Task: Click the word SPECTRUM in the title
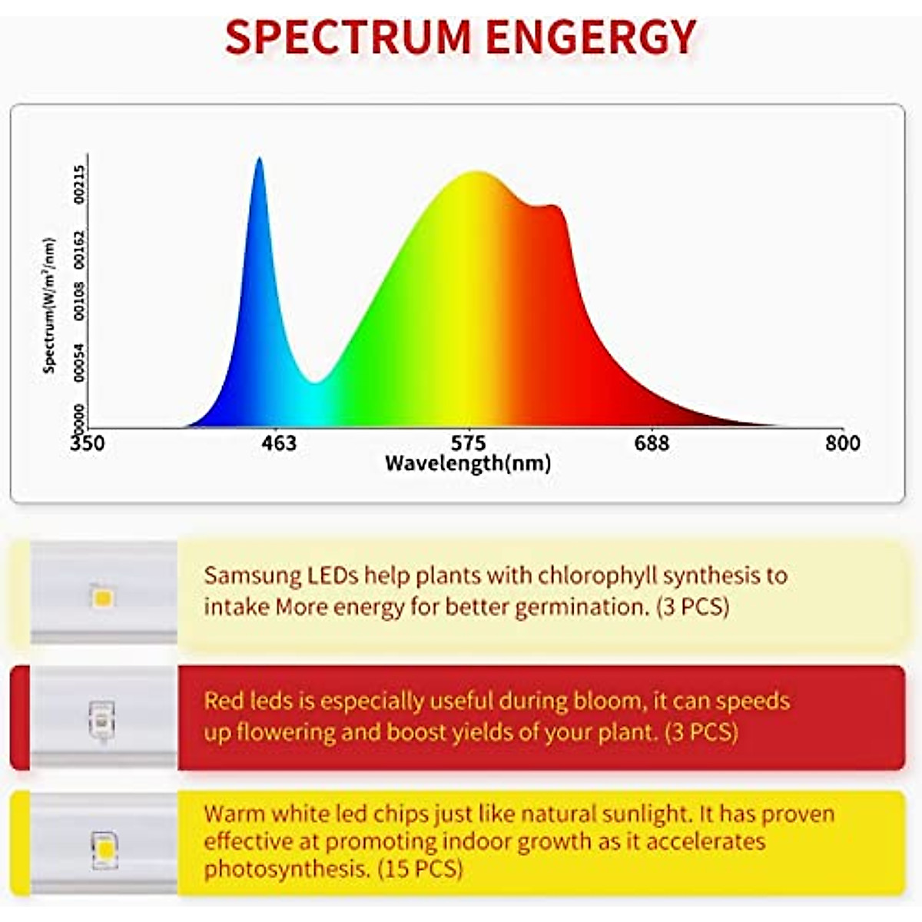click(x=347, y=36)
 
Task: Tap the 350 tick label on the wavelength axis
click(x=87, y=443)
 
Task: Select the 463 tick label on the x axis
click(x=278, y=443)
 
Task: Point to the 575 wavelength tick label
click(x=468, y=443)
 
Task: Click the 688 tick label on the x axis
click(x=652, y=443)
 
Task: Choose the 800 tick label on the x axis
click(x=842, y=443)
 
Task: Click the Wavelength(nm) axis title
click(x=468, y=463)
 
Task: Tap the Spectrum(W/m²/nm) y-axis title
click(x=50, y=305)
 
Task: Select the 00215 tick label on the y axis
click(x=80, y=184)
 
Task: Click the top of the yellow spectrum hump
click(x=476, y=173)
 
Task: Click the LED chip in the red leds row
click(x=101, y=720)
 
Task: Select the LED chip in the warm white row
click(x=102, y=849)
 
